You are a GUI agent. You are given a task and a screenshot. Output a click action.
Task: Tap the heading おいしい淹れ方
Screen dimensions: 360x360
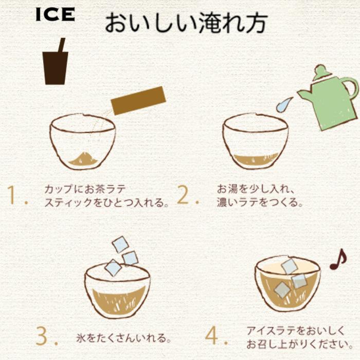186,23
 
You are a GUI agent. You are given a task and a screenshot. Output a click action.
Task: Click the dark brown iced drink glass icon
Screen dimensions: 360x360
55,67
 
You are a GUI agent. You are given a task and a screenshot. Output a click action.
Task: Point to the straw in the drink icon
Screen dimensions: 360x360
61,45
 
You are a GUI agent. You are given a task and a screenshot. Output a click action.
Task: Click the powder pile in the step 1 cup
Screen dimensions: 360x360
82,157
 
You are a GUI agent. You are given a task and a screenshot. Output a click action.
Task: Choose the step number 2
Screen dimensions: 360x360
186,196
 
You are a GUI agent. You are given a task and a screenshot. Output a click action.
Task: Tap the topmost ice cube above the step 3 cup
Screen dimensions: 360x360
120,244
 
